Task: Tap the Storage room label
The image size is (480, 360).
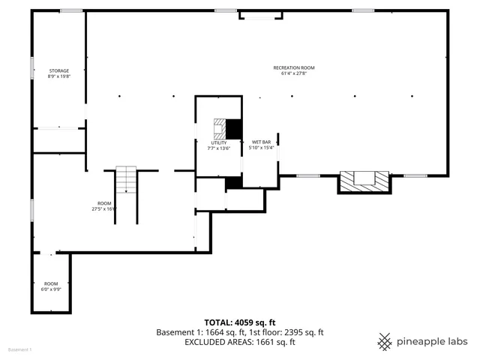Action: pyautogui.click(x=58, y=71)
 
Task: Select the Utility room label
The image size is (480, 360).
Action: pyautogui.click(x=218, y=142)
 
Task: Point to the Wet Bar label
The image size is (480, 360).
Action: pyautogui.click(x=261, y=142)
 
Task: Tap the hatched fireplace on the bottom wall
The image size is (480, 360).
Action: pyautogui.click(x=364, y=181)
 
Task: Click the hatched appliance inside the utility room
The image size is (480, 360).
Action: pyautogui.click(x=219, y=129)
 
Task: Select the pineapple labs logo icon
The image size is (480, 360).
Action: pyautogui.click(x=385, y=341)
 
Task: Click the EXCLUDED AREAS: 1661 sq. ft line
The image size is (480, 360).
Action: pyautogui.click(x=239, y=342)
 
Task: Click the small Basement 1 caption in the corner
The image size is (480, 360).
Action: pyautogui.click(x=20, y=350)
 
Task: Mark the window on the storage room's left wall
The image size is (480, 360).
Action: pyautogui.click(x=31, y=68)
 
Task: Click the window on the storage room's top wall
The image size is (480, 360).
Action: pyautogui.click(x=71, y=10)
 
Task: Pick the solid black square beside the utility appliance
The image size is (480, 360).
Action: pyautogui.click(x=234, y=129)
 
